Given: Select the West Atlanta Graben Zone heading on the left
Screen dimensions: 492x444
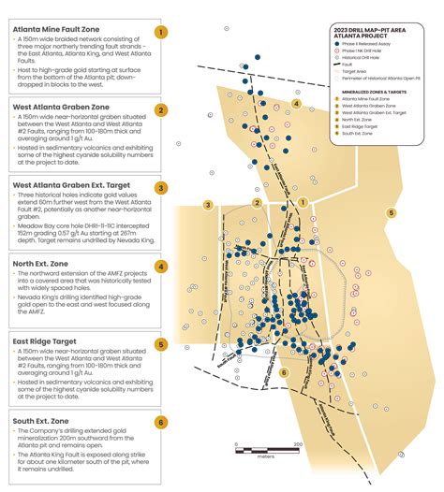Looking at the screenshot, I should [61, 109].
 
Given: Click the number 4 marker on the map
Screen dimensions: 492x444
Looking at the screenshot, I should [297, 104].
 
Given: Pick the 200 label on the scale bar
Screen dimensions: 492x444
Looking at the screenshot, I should [297, 444].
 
